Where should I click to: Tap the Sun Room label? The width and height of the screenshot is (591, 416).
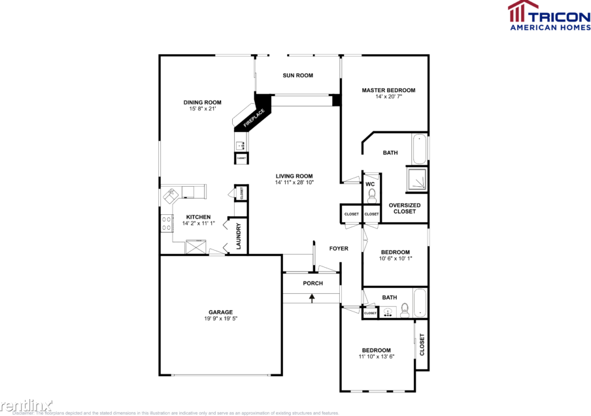pos(297,76)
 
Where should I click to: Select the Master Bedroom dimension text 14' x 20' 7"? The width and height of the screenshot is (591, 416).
pos(388,97)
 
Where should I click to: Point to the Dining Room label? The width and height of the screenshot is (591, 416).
pos(202,103)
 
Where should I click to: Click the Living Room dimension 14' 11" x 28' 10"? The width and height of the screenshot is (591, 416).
pos(294,183)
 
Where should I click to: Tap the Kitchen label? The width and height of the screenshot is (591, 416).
pos(198,217)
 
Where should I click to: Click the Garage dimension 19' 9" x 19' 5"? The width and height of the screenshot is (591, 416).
pos(221,319)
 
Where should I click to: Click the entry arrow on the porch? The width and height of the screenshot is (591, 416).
pos(312,298)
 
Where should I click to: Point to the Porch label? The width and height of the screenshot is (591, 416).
pos(312,283)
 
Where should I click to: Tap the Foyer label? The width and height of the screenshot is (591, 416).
pos(339,249)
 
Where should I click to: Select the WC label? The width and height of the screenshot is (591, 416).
pos(370,184)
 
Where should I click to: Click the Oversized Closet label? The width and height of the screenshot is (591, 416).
pos(405,208)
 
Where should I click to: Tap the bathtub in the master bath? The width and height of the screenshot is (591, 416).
pos(420,149)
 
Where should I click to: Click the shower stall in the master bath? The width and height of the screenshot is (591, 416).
pos(416,178)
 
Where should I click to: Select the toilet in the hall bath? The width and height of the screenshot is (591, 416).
pos(405,309)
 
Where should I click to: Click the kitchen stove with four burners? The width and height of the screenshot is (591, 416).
pos(167,223)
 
